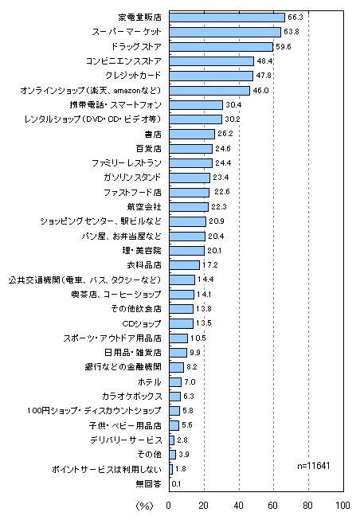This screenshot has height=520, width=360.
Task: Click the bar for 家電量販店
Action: pyautogui.click(x=227, y=18)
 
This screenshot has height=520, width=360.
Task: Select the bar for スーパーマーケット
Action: pyautogui.click(x=225, y=32)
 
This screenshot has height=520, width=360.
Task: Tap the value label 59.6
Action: pyautogui.click(x=284, y=47)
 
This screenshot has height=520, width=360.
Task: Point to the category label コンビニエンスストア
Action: pyautogui.click(x=123, y=61)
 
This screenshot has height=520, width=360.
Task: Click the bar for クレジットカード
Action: pyautogui.click(x=211, y=76)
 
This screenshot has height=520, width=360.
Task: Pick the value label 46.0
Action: pyautogui.click(x=260, y=91)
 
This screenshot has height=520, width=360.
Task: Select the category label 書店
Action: pyautogui.click(x=153, y=134)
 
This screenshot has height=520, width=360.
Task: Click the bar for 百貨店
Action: pyautogui.click(x=191, y=149)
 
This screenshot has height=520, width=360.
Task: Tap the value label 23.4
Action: pyautogui.click(x=221, y=178)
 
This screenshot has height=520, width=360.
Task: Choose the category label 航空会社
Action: pyautogui.click(x=144, y=207)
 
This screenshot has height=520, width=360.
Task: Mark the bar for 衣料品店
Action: pyautogui.click(x=185, y=265)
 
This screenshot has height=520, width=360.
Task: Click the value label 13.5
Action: pyautogui.click(x=204, y=323)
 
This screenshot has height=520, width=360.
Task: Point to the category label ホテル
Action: pyautogui.click(x=150, y=381)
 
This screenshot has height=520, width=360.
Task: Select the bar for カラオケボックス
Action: pyautogui.click(x=175, y=397)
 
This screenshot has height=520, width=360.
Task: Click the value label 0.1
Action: pyautogui.click(x=177, y=484)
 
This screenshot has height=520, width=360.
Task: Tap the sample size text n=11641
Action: pyautogui.click(x=314, y=466)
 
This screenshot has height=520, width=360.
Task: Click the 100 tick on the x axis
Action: pyautogui.click(x=342, y=505)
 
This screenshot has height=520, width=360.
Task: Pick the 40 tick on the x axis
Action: pyautogui.click(x=239, y=505)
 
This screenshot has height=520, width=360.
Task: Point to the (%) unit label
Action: pyautogui.click(x=145, y=506)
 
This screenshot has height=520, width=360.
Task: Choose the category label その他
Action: pyautogui.click(x=150, y=455)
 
